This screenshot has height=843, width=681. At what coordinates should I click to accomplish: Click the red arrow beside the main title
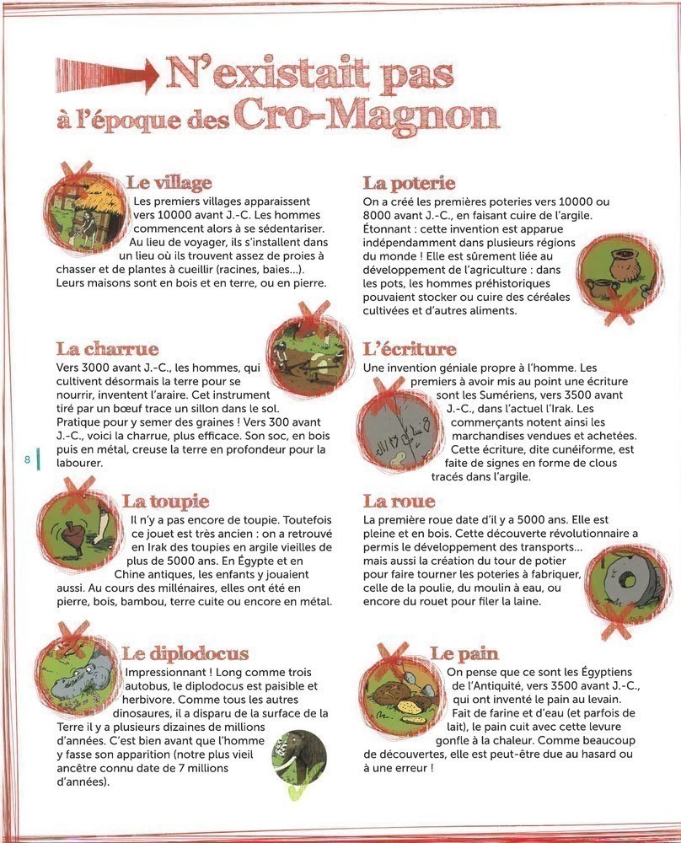[x=105, y=75]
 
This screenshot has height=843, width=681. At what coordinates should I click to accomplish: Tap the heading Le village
[x=169, y=183]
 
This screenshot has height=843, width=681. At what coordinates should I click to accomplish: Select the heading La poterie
[x=409, y=183]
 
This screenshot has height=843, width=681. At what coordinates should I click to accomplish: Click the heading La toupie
[x=166, y=502]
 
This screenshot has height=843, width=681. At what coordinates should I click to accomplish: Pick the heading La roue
[x=399, y=502]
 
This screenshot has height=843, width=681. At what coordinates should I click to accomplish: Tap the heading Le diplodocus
[x=185, y=653]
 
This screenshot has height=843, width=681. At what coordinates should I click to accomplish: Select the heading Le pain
[x=464, y=653]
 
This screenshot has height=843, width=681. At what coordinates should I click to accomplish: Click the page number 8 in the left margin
[x=28, y=459]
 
